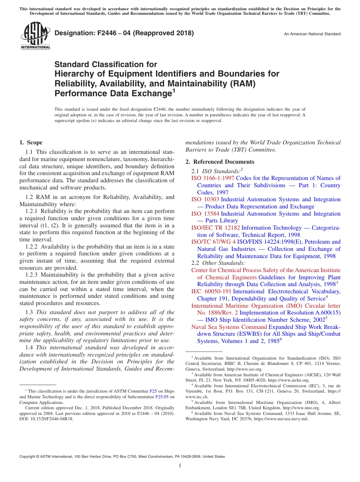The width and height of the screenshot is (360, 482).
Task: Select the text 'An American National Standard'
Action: click(312, 34)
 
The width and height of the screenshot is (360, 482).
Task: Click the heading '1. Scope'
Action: click(31, 142)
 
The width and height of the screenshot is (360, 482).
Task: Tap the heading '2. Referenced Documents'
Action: click(219, 162)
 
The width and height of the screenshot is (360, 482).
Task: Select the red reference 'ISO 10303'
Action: click(205, 199)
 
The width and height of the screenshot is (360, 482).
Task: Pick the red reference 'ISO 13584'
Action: click(205, 214)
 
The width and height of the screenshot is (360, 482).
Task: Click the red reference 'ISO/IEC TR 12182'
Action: click(215, 228)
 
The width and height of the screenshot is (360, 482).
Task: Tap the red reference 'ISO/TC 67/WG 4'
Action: click(213, 242)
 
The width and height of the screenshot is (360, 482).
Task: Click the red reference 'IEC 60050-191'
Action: click(211, 291)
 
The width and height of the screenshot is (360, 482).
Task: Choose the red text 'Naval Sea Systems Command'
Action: click(229, 327)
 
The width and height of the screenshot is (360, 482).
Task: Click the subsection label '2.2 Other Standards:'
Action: click(218, 263)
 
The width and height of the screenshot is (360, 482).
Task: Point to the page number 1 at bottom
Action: click(180, 466)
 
